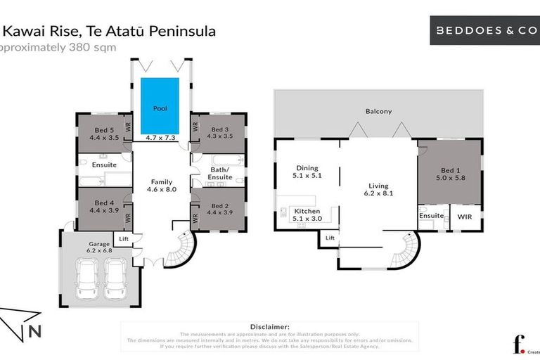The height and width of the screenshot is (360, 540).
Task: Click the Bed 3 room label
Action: click(220, 129)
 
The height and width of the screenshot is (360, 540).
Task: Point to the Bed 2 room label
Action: click(220, 205)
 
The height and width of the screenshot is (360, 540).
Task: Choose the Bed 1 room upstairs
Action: click(451, 171)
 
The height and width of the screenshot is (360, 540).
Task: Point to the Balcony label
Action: click(378, 111)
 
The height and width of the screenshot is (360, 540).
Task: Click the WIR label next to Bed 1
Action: click(465, 216)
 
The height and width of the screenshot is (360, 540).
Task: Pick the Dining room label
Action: click(307, 168)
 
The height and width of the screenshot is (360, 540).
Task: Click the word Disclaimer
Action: click(269, 326)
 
